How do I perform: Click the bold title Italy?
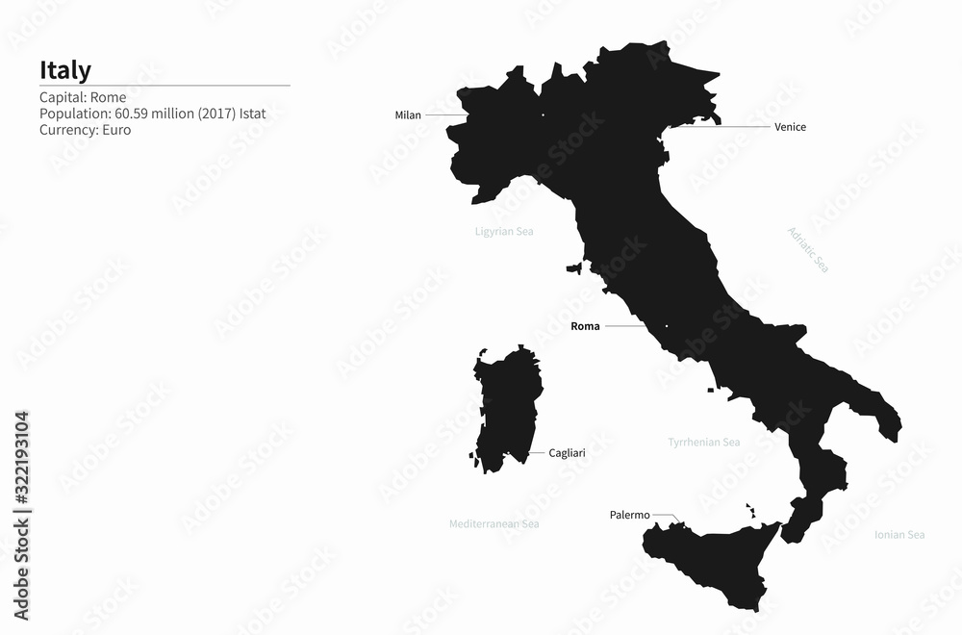point(65,70)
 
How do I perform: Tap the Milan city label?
point(408,115)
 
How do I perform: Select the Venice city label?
point(790,127)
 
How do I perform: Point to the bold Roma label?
point(585,326)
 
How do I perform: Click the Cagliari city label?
point(567,452)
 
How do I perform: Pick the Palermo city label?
point(630,515)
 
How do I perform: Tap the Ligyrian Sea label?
point(504,232)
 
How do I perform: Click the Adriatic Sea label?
point(808,249)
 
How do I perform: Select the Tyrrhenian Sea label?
point(704,443)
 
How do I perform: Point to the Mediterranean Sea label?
point(494,524)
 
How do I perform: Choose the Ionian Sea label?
point(899,535)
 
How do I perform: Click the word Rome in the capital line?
point(110,97)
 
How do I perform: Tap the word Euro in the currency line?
point(115,130)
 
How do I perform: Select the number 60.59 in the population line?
point(132,114)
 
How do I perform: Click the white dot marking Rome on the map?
point(667,326)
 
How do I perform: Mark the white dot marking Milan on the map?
point(543,115)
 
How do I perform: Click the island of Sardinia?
point(507,409)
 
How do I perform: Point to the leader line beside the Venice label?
point(721,127)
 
